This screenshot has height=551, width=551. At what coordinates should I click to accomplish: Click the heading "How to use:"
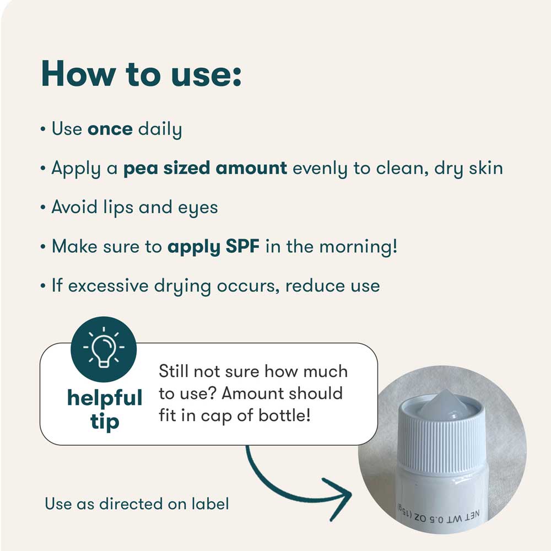tap(141, 74)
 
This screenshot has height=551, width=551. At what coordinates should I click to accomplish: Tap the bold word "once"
tap(110, 129)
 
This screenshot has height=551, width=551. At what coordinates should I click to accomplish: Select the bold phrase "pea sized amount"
tap(205, 168)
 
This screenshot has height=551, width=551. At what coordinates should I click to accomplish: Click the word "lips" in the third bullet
tap(118, 207)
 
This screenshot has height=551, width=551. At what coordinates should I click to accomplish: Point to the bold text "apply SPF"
tap(214, 247)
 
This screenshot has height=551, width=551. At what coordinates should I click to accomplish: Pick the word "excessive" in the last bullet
tap(108, 285)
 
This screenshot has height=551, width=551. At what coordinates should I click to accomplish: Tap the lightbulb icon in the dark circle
tap(104, 348)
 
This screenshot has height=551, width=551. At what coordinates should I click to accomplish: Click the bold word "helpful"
tap(105, 398)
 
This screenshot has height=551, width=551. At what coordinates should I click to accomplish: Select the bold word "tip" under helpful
tap(105, 421)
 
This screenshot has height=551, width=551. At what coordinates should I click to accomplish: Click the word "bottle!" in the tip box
tap(285, 415)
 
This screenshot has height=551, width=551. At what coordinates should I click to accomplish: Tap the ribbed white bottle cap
tap(442, 436)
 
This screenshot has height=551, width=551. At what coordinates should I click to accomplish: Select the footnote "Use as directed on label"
tap(137, 504)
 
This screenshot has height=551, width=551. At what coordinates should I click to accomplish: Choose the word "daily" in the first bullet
tap(160, 129)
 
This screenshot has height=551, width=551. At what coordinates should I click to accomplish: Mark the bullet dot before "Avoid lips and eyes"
tap(43, 207)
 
